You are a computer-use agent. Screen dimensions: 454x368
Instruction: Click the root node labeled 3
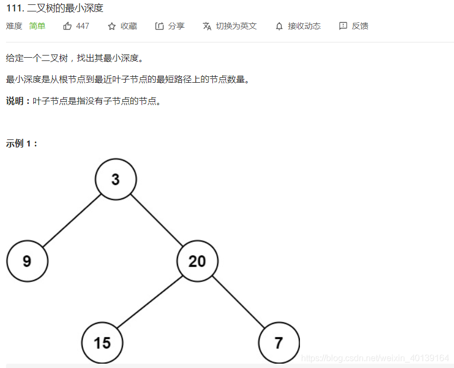(x=115, y=179)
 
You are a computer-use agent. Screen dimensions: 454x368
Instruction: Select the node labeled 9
(x=27, y=261)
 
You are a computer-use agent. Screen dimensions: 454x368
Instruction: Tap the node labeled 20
(x=197, y=261)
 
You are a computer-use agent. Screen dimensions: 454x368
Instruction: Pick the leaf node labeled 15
(x=102, y=343)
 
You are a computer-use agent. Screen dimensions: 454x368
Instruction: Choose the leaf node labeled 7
(x=279, y=343)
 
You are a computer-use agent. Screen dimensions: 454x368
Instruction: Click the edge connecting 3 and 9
(x=71, y=220)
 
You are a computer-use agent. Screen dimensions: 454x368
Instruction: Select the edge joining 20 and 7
(x=238, y=302)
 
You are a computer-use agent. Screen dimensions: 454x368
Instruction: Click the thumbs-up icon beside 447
(x=68, y=26)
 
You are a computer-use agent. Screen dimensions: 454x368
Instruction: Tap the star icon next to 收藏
(x=112, y=26)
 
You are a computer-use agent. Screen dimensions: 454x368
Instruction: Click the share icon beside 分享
(x=159, y=26)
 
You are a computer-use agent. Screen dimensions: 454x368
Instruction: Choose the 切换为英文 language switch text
(x=236, y=26)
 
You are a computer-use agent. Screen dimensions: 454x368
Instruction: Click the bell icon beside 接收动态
(x=279, y=26)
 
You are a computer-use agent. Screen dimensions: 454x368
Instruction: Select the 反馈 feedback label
(x=360, y=26)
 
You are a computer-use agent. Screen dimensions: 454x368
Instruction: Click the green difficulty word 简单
(x=38, y=26)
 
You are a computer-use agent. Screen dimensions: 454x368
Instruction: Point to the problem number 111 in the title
(x=14, y=8)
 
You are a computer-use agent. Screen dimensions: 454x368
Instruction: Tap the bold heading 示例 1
(x=21, y=144)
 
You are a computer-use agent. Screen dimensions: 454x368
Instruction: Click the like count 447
(x=83, y=26)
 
